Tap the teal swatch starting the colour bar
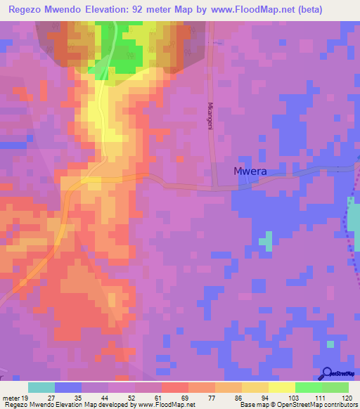click(41, 387)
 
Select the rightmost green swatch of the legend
click(335, 387)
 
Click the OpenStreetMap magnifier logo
click(326, 374)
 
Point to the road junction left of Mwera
click(214, 187)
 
